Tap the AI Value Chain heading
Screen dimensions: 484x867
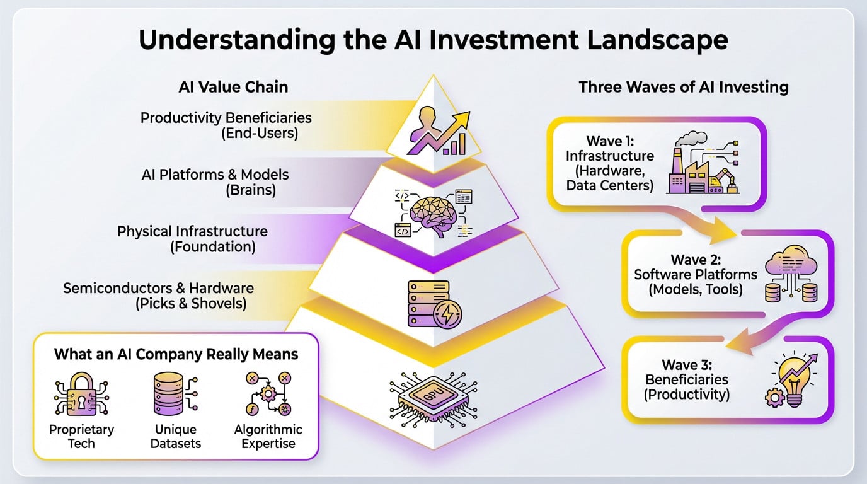tap(233, 87)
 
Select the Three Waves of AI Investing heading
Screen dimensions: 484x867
tap(684, 87)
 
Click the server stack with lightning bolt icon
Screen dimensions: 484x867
tap(434, 304)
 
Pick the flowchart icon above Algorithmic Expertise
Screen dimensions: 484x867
tap(268, 395)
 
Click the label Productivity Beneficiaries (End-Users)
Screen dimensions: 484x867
tap(226, 125)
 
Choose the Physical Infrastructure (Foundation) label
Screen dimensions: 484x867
tap(192, 239)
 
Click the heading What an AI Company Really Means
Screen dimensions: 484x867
tap(176, 354)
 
